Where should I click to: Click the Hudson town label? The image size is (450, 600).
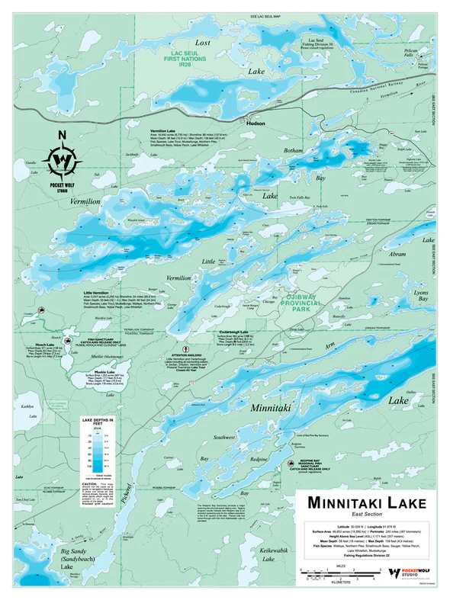256,123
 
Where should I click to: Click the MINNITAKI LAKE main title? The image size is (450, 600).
364,503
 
